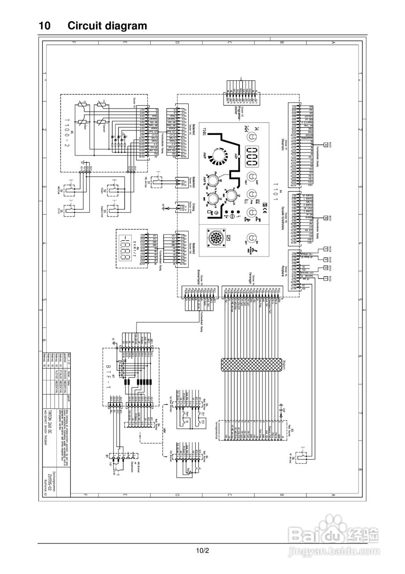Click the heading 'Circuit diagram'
pos(107,26)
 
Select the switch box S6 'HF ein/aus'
pos(305,453)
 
